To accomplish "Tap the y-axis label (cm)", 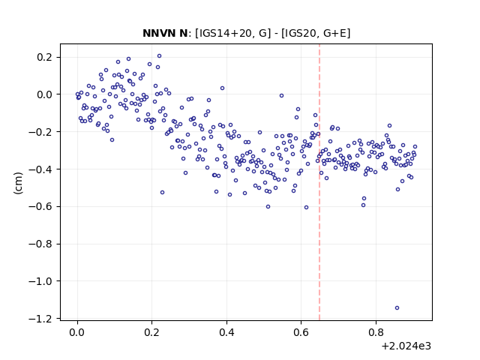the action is click(18, 183).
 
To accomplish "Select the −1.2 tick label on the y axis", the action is click(44, 319).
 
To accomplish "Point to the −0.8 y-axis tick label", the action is click(44, 244).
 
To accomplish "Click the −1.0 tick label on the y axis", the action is click(44, 281).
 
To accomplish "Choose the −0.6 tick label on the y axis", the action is click(44, 207).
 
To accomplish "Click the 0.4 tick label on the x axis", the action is click(226, 332).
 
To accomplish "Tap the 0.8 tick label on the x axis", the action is click(376, 332).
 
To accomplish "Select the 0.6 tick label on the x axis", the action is click(301, 332).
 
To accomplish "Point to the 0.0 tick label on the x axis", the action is click(77, 332).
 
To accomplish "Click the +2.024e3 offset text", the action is click(406, 346).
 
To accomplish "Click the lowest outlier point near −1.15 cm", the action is click(397, 308).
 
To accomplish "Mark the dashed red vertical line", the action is click(319, 182).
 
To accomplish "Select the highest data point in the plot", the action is click(159, 56).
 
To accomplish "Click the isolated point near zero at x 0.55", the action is click(281, 96).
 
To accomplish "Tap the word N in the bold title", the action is click(183, 33).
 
